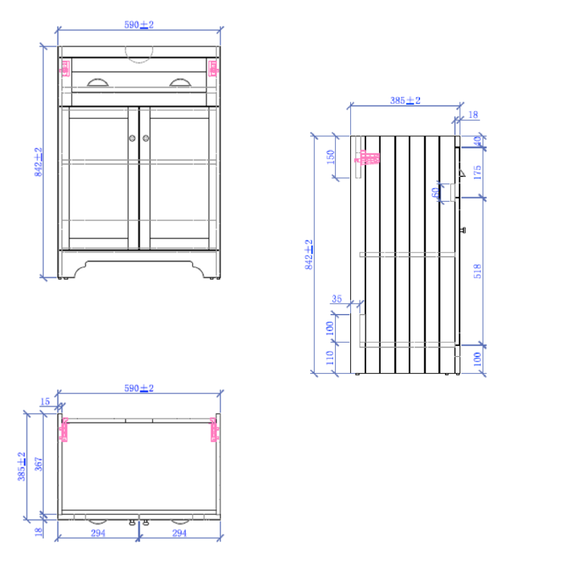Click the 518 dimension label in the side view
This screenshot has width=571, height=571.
[478, 271]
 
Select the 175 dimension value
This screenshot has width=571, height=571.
[478, 172]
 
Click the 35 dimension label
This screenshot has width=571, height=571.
[336, 298]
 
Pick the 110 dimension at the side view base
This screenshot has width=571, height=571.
[330, 358]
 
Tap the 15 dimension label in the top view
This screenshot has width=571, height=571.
[44, 401]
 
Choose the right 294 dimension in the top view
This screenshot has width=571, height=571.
[180, 533]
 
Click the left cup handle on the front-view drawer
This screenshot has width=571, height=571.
[98, 81]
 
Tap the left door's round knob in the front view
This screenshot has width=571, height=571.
[132, 138]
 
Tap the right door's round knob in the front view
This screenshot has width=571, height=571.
[145, 138]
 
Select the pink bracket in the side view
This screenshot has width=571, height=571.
[367, 158]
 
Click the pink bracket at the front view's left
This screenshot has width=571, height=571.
[65, 68]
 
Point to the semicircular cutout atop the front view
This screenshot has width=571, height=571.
[138, 55]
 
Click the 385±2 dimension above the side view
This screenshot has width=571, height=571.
[405, 100]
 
